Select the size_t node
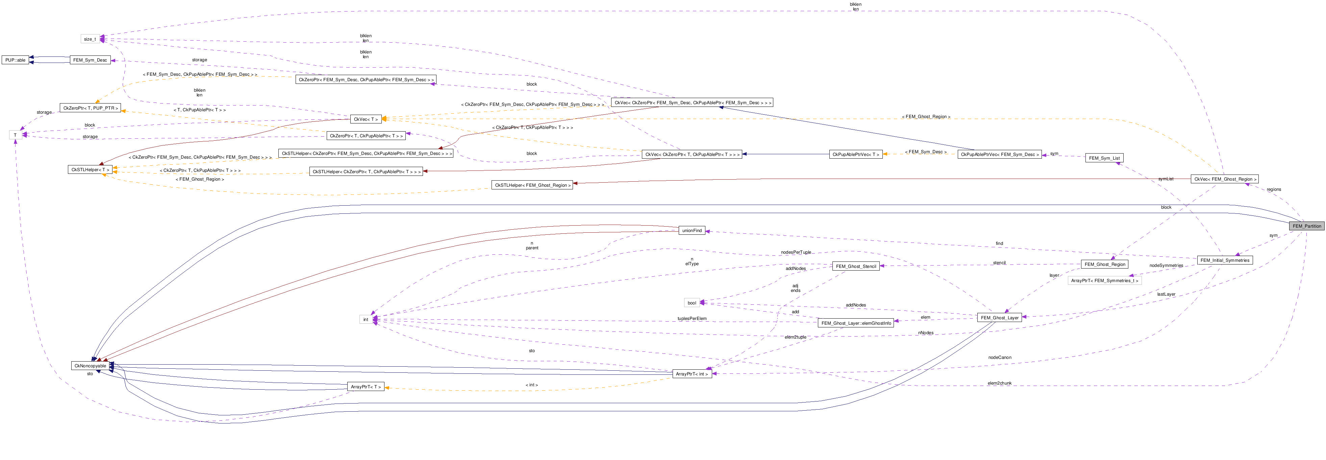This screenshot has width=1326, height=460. (90, 39)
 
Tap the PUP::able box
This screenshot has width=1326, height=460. (15, 60)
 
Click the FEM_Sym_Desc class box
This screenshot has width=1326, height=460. (90, 60)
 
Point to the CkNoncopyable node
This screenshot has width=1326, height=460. (90, 366)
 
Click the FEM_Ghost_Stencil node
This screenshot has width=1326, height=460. (855, 266)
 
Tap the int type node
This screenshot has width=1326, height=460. (366, 319)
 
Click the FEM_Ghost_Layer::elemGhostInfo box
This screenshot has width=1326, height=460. (855, 323)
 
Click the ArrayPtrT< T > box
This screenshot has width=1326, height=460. (366, 387)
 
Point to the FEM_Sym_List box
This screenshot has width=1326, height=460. (1104, 158)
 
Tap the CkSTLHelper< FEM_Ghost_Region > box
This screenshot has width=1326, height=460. (532, 185)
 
